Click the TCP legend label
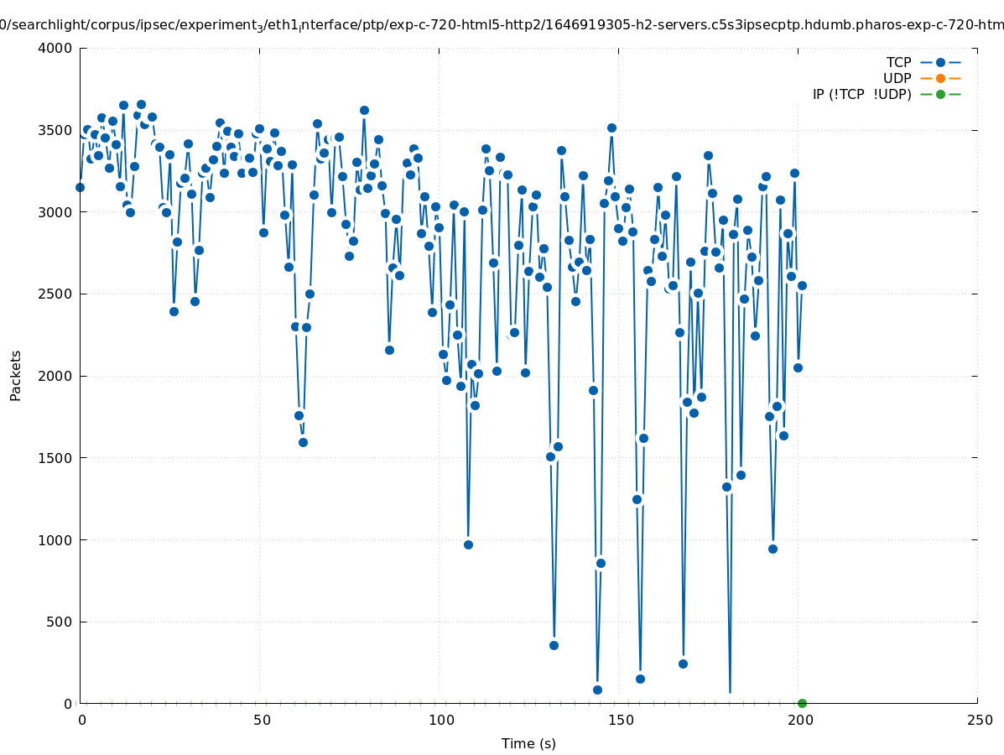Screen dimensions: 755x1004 (x=898, y=62)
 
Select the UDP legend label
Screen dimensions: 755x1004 (x=897, y=78)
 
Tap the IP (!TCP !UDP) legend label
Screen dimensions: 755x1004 (x=861, y=94)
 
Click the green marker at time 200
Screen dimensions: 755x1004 (x=802, y=703)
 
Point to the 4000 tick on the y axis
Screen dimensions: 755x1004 (x=56, y=48)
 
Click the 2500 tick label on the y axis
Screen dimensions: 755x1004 (x=56, y=294)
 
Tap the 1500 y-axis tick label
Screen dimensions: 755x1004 (x=56, y=458)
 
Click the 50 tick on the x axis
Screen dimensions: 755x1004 (x=261, y=720)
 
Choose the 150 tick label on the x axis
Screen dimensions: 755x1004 (x=620, y=720)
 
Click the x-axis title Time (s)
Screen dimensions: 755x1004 (x=528, y=743)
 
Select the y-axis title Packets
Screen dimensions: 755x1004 (x=16, y=375)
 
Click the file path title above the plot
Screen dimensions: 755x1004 (x=502, y=25)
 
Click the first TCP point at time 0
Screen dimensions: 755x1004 (x=80, y=187)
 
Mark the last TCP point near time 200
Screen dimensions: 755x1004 (x=802, y=285)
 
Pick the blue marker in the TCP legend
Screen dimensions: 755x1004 (x=940, y=62)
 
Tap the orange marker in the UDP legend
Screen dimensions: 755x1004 (x=940, y=78)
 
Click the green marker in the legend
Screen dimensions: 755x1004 (x=940, y=94)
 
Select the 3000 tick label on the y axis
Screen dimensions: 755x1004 (x=56, y=212)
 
